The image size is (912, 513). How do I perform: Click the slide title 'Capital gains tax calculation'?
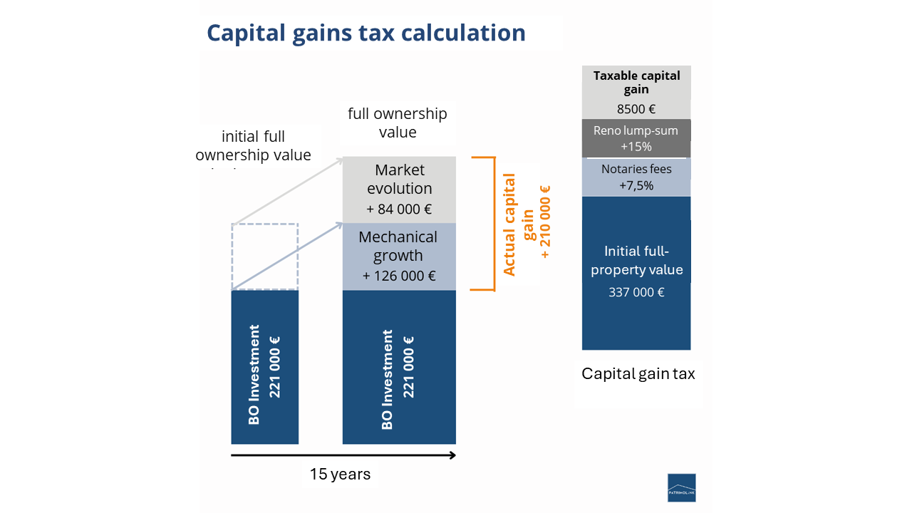point(366,33)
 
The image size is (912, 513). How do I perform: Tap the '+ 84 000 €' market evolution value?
point(399,209)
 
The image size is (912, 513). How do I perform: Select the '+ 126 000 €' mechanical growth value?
point(399,276)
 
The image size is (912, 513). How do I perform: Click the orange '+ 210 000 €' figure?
point(546,222)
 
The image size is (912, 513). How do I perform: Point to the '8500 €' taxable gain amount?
point(636,110)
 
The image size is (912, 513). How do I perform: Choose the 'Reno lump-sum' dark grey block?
point(636,138)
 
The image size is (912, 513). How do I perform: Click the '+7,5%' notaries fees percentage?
point(636,185)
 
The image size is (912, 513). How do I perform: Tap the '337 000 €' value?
point(636,292)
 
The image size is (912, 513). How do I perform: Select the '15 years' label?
point(340,474)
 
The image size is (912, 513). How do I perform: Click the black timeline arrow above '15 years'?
point(343,455)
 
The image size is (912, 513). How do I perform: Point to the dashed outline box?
point(264,256)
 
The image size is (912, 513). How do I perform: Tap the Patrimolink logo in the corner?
point(681,487)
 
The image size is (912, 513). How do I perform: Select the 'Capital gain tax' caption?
point(638,373)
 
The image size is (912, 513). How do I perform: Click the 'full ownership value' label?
point(397,123)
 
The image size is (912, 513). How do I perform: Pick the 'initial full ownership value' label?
point(253,145)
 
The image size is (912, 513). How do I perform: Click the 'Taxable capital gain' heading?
point(636,82)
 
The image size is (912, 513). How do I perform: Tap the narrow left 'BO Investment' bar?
point(264,367)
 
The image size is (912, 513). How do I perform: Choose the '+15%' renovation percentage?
point(636,147)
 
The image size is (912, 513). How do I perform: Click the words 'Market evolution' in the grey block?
point(399,179)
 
